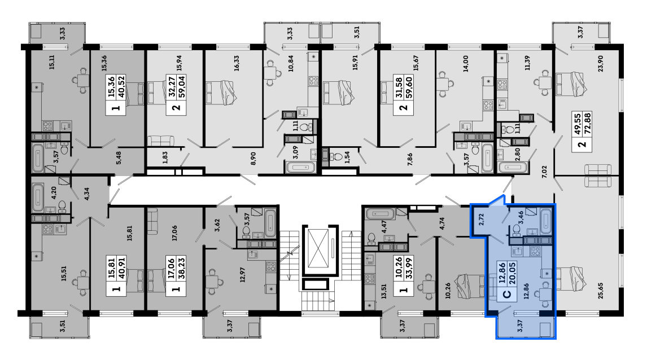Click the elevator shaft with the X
(320, 251)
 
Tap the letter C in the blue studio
(507, 294)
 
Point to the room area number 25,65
(600, 290)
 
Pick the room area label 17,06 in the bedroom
(174, 233)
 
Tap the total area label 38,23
(182, 267)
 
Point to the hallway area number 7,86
(410, 159)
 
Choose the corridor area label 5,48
(119, 157)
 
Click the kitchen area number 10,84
(291, 64)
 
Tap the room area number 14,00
(466, 64)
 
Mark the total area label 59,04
(182, 86)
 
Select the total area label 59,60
(409, 86)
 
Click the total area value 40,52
(121, 86)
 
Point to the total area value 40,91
(121, 267)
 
